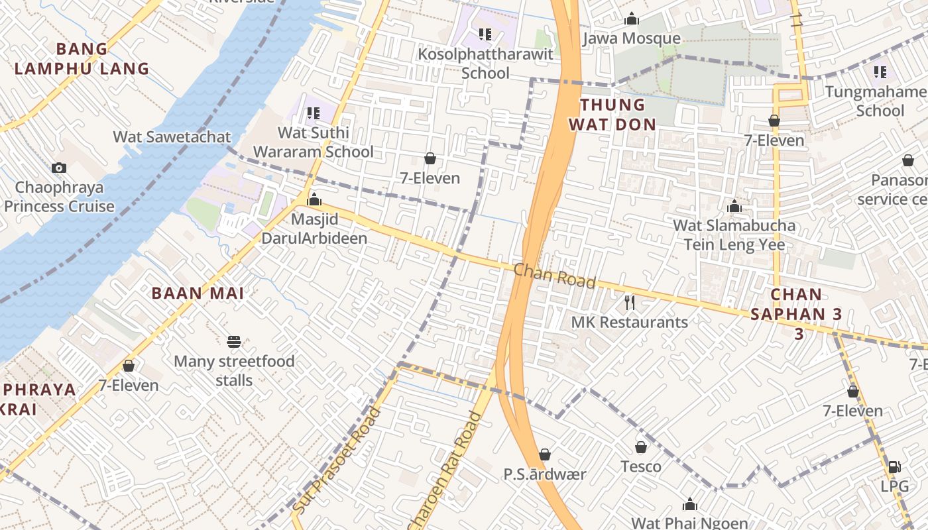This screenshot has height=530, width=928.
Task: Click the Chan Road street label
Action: (x=554, y=276)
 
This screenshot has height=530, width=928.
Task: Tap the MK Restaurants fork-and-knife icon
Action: (x=630, y=303)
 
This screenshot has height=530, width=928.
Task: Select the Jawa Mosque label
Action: (x=631, y=39)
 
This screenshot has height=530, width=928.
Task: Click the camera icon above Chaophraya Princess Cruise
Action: (x=59, y=168)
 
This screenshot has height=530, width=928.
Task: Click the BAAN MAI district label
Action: (x=198, y=293)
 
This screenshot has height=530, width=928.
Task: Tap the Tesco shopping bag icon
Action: (x=641, y=447)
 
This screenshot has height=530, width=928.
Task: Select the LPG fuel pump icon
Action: (x=894, y=467)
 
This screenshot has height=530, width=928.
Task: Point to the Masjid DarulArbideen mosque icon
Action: (x=314, y=199)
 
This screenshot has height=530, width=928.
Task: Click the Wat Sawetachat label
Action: (x=172, y=137)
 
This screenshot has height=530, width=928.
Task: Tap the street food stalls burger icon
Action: (x=233, y=342)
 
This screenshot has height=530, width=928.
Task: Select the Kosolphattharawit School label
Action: (x=485, y=64)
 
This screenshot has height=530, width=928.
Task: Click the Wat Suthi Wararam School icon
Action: (x=313, y=113)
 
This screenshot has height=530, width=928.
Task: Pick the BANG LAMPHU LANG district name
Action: (x=82, y=58)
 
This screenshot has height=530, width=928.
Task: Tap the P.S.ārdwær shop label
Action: (x=545, y=474)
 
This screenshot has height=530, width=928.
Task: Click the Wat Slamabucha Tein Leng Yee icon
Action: (x=734, y=206)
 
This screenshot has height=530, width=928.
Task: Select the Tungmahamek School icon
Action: (x=880, y=72)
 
